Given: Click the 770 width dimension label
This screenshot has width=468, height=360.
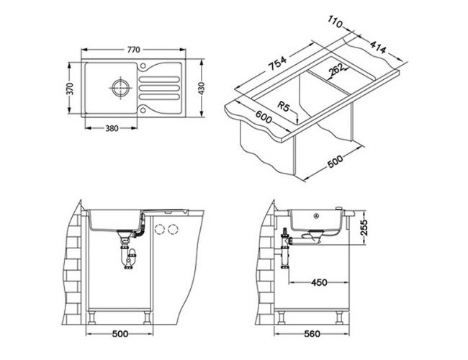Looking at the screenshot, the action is coord(133,50).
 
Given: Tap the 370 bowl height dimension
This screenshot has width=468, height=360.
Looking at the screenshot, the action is coord(70,89).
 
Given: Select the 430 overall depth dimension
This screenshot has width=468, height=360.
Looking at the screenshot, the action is coord(202,89).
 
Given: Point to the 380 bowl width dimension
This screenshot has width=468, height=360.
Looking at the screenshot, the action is coord(112,128).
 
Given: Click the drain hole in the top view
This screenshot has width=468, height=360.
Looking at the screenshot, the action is coord(120,88).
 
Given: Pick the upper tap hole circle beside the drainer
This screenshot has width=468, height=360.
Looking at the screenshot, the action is coord(143,66).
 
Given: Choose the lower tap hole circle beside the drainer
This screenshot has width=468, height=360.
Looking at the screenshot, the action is coord(143,110).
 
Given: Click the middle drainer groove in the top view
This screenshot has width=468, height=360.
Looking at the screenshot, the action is coord(159,88).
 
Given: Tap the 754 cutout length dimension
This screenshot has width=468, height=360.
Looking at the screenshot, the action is coord(277,63).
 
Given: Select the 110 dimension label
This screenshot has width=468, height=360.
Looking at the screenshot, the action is coord(336,22).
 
